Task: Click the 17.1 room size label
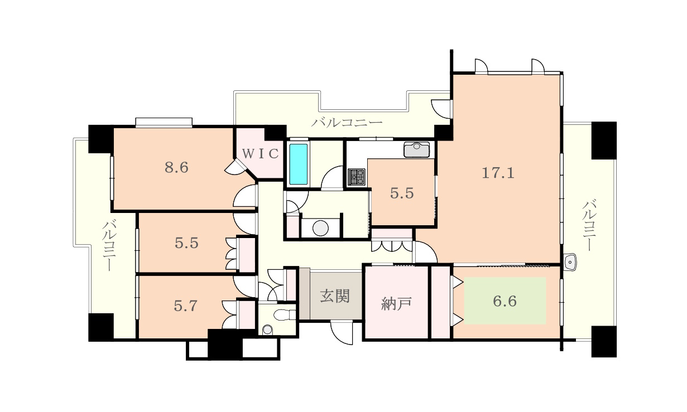coord(498,173)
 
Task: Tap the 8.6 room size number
coord(176,168)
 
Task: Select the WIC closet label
coord(261,153)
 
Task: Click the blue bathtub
coord(299,164)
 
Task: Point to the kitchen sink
coord(416,149)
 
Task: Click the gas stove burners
coord(356,177)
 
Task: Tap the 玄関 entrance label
coord(335,296)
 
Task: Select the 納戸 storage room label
coord(396,303)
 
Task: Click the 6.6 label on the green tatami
coord(505,301)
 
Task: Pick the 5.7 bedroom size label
coord(185,306)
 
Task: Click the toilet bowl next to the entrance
coord(284,315)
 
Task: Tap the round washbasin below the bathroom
coord(320,228)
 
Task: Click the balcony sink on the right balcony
coord(570,262)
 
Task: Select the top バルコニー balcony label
coord(347,123)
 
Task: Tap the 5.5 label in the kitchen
coord(402,193)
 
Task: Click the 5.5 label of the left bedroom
coord(186,243)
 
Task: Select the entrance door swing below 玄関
coord(342,333)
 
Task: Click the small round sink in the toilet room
coord(267,330)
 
